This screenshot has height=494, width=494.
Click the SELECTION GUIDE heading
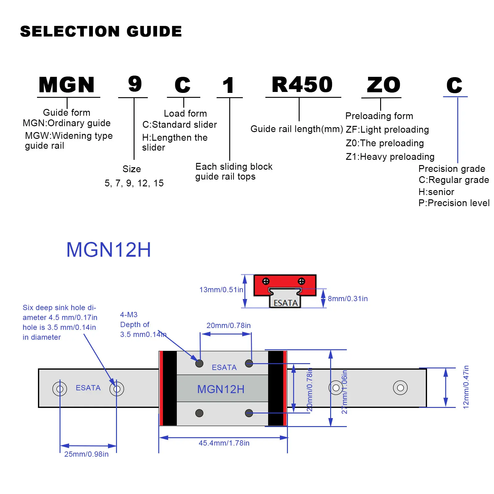click(101, 31)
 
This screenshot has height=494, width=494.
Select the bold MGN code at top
click(67, 85)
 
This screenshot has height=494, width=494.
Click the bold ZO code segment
click(384, 85)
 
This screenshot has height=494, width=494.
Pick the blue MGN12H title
click(109, 250)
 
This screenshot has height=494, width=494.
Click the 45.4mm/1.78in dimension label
click(224, 443)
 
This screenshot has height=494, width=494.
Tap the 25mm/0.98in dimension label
click(86, 454)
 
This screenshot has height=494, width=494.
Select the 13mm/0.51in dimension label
click(221, 290)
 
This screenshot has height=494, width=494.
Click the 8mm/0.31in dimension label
click(348, 299)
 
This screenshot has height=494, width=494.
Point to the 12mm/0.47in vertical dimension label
click(466, 387)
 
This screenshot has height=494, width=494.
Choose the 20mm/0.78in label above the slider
click(228, 326)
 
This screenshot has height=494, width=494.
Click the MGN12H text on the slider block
click(221, 389)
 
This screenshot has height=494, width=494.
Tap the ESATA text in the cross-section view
click(286, 303)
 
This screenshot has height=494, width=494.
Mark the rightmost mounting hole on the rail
click(400, 388)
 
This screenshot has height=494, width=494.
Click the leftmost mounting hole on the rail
click(60, 389)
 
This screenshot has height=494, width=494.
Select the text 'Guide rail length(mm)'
click(297, 129)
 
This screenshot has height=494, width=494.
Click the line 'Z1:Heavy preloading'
click(390, 157)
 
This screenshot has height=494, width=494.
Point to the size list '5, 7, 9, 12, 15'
click(134, 183)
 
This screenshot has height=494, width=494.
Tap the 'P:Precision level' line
click(454, 203)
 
